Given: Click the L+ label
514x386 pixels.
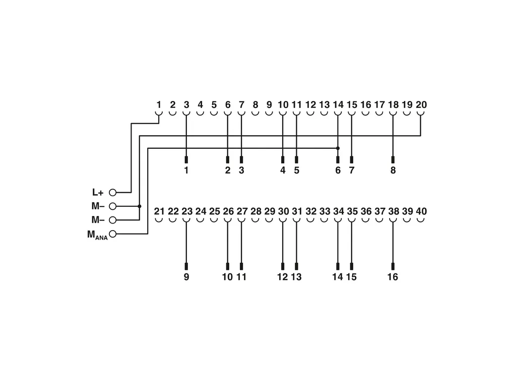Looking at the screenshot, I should pyautogui.click(x=98, y=192).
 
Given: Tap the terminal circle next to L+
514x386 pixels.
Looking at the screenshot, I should pyautogui.click(x=113, y=192).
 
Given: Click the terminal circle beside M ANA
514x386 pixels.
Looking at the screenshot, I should pyautogui.click(x=113, y=234).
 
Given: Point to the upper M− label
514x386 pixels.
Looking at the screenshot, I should pyautogui.click(x=98, y=206).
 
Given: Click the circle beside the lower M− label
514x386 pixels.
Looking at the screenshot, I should pyautogui.click(x=113, y=220).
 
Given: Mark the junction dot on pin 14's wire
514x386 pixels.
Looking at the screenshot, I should pyautogui.click(x=338, y=148).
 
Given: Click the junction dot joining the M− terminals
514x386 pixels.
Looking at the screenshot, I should pyautogui.click(x=140, y=206).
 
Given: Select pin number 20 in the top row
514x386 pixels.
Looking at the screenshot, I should pyautogui.click(x=421, y=105).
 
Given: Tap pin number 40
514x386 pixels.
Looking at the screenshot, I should pyautogui.click(x=421, y=211).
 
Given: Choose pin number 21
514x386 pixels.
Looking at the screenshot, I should pyautogui.click(x=159, y=211).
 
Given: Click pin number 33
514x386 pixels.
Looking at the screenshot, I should pyautogui.click(x=325, y=211).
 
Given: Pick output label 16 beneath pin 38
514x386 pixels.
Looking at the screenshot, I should pyautogui.click(x=393, y=277).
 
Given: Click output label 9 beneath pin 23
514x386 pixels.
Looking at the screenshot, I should pyautogui.click(x=186, y=277).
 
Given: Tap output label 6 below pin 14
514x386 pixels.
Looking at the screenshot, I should pyautogui.click(x=338, y=171).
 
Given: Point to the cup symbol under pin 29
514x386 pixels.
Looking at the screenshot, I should pyautogui.click(x=269, y=220).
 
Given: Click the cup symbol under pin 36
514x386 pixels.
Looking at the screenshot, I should pyautogui.click(x=366, y=220).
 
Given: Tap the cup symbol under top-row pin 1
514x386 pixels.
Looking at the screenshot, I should pyautogui.click(x=159, y=114).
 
